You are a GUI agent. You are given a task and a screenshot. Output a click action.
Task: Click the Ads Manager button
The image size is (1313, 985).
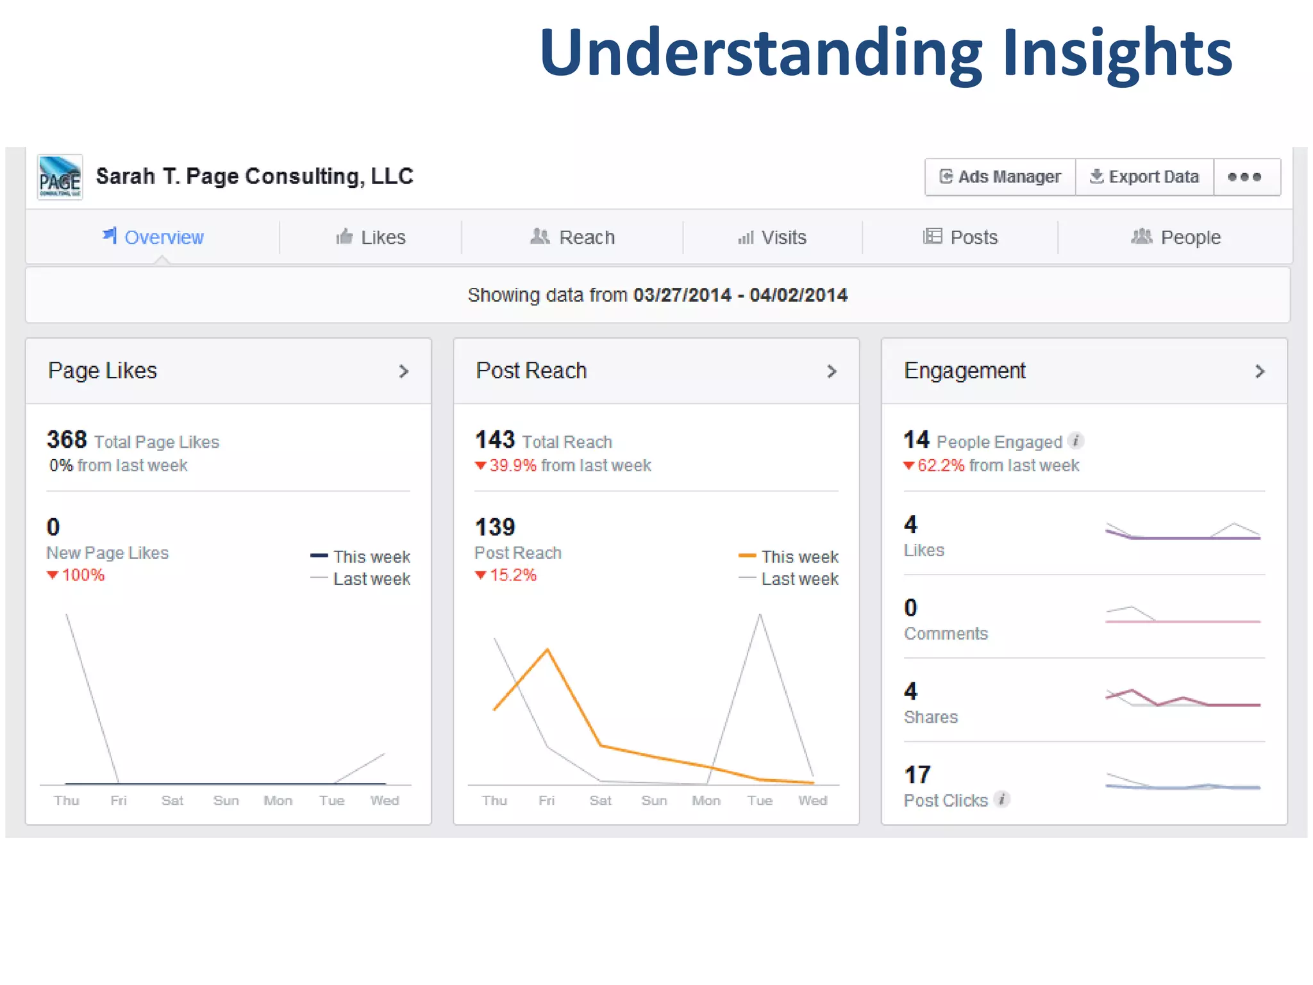click(x=1000, y=177)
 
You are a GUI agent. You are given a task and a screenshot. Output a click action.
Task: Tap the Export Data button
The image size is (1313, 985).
click(x=1144, y=177)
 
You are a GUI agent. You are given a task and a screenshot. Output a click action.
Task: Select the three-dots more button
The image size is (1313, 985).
click(x=1244, y=177)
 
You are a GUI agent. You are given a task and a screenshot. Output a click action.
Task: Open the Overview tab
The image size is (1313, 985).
click(x=153, y=237)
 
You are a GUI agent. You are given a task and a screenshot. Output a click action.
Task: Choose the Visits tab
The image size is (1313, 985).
click(x=772, y=237)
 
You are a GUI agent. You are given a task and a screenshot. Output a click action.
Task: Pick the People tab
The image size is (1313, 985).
click(x=1176, y=237)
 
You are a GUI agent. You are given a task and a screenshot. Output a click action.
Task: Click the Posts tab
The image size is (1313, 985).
click(x=960, y=237)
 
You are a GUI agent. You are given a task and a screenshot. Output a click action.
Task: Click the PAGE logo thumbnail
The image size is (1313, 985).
click(x=60, y=177)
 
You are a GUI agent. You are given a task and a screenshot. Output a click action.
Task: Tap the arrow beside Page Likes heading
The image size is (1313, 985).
click(x=403, y=371)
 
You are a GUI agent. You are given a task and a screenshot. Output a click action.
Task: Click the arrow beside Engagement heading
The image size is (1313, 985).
click(x=1260, y=371)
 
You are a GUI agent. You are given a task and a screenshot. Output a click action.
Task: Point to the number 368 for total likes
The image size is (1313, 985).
click(x=67, y=440)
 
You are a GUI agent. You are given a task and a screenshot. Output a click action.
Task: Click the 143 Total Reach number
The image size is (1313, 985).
click(x=494, y=440)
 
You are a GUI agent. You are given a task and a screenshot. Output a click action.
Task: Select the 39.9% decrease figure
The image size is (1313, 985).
click(x=512, y=466)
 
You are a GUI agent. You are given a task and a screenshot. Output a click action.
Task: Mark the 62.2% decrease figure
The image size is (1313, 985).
click(x=941, y=466)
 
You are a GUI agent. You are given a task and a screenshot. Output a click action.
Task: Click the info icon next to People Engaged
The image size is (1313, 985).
click(x=1076, y=441)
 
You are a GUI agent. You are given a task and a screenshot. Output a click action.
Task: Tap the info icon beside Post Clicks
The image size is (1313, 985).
click(x=1002, y=799)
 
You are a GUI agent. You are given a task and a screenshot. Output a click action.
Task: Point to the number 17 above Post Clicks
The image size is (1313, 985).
click(x=917, y=775)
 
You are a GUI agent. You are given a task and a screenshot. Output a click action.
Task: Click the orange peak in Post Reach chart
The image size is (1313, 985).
click(x=548, y=650)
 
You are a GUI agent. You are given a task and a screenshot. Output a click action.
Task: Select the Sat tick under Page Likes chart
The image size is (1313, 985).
click(x=172, y=800)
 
